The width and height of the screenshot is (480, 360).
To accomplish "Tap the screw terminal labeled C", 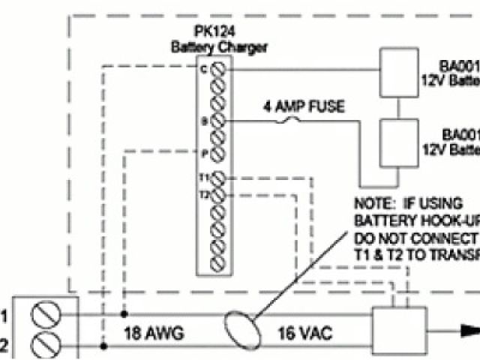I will [218, 70].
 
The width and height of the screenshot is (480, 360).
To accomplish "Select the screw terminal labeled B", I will [218, 120].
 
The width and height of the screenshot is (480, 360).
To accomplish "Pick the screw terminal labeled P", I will [218, 154].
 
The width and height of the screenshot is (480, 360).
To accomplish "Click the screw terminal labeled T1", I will [218, 178].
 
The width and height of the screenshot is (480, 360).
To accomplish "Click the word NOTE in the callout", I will [373, 203].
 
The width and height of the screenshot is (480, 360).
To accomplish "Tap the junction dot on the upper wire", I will [124, 315].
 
